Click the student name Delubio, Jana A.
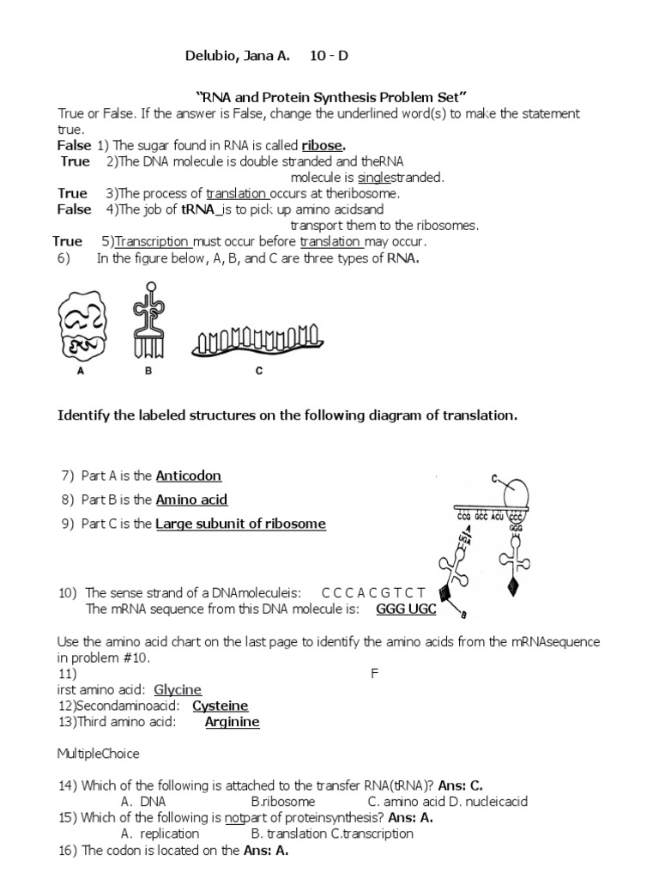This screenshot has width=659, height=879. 238,57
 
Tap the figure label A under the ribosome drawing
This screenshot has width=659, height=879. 79,373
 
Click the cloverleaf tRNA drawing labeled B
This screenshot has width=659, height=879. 152,321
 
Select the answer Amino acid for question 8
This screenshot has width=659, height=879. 191,500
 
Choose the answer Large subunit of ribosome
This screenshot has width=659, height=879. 240,524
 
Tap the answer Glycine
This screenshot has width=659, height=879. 178,689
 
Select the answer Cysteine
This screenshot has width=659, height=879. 220,706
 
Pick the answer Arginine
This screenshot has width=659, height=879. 232,722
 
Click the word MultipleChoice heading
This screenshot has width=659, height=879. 98,754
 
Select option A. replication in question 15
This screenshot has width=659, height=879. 160,834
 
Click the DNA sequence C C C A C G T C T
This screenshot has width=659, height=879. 372,593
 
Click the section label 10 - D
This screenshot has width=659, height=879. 329,57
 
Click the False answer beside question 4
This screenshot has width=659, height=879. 74,209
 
